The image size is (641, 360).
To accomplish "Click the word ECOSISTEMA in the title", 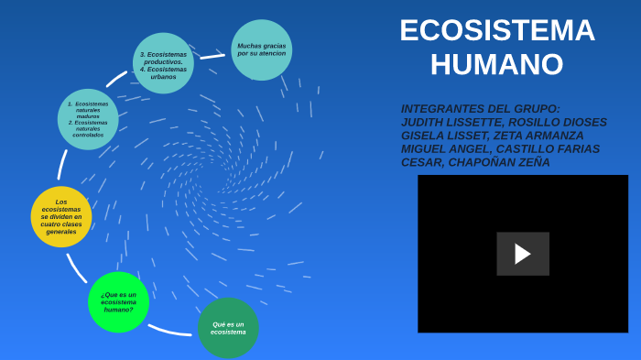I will pos(496,31).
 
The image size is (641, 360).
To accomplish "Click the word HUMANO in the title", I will pos(496,65).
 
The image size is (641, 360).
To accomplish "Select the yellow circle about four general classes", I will pos(61,217).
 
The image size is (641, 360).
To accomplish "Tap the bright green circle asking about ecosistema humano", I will pos(118,302).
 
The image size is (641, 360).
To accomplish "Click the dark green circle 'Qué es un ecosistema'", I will pos(228,328).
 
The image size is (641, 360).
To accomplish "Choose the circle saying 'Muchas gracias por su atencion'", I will pos(261,49).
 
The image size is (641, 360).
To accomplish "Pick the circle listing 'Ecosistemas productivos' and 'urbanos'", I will pos(163,63).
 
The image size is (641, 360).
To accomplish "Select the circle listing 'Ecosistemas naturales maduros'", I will pos(88,119).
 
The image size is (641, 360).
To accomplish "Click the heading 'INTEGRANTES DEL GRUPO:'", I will pos(480,108).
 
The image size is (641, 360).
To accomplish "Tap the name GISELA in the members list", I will pos(422,136).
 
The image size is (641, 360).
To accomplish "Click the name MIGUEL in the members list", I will pos(422,148).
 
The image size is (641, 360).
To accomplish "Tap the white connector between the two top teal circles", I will pos(212,57).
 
